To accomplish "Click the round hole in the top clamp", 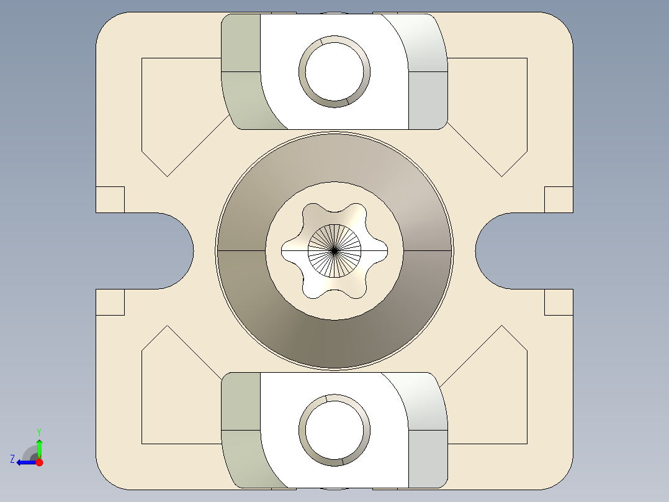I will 334,71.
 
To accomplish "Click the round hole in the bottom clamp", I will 334,429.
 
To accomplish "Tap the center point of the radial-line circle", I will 334,250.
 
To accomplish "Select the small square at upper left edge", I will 110,199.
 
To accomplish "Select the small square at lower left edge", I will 110,302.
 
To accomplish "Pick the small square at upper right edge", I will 559,199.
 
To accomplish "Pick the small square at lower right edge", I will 559,302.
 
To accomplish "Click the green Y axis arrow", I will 39,446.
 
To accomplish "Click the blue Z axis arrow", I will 24,462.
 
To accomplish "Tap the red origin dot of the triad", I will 39,462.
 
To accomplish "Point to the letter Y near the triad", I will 38,431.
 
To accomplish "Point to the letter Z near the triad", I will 12,459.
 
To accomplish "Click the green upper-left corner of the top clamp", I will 241,42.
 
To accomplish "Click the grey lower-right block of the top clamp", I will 428,99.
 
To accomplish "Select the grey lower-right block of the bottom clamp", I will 428,457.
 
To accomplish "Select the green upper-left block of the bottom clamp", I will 241,401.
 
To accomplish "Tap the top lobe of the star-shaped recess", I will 334,211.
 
